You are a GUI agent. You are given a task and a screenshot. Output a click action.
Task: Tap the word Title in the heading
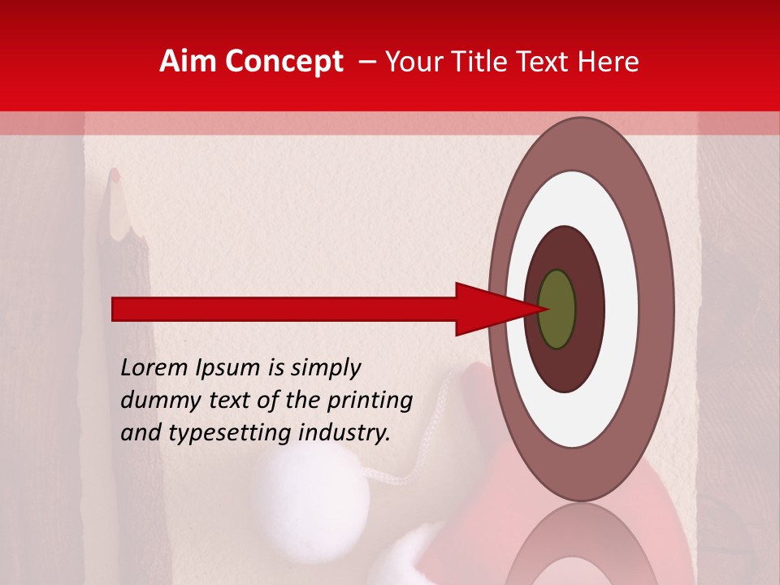coord(483,62)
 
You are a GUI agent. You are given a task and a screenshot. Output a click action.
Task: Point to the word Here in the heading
coord(609,62)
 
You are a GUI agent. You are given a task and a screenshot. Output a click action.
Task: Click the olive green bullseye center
coord(557,309)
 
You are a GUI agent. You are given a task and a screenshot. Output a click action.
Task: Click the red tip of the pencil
coord(115,175)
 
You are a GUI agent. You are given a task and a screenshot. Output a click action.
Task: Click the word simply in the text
coord(325,369)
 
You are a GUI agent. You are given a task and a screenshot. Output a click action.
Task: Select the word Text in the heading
coord(548,62)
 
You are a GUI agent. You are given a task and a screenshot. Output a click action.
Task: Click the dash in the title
coord(366,62)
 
